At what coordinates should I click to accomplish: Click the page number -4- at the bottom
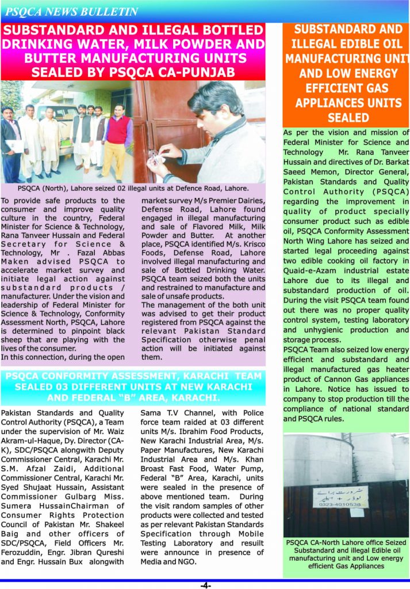pyautogui.click(x=205, y=584)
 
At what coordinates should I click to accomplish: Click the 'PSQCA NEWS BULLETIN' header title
pyautogui.click(x=71, y=12)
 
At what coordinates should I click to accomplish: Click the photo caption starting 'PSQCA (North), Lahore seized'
pyautogui.click(x=133, y=188)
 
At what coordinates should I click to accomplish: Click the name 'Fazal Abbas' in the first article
pyautogui.click(x=101, y=253)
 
